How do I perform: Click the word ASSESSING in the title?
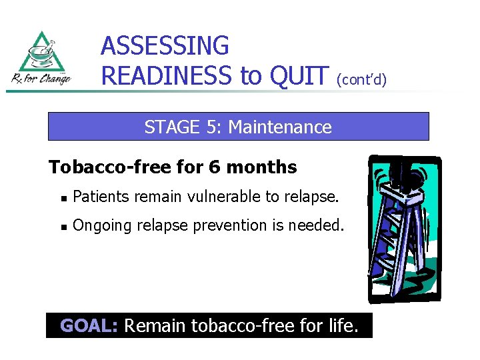tap(165, 46)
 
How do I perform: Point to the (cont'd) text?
tap(361, 80)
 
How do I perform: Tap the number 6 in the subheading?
tap(213, 167)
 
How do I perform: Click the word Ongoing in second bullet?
tap(98, 226)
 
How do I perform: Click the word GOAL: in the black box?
tap(89, 326)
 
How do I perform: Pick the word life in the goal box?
tap(339, 326)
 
